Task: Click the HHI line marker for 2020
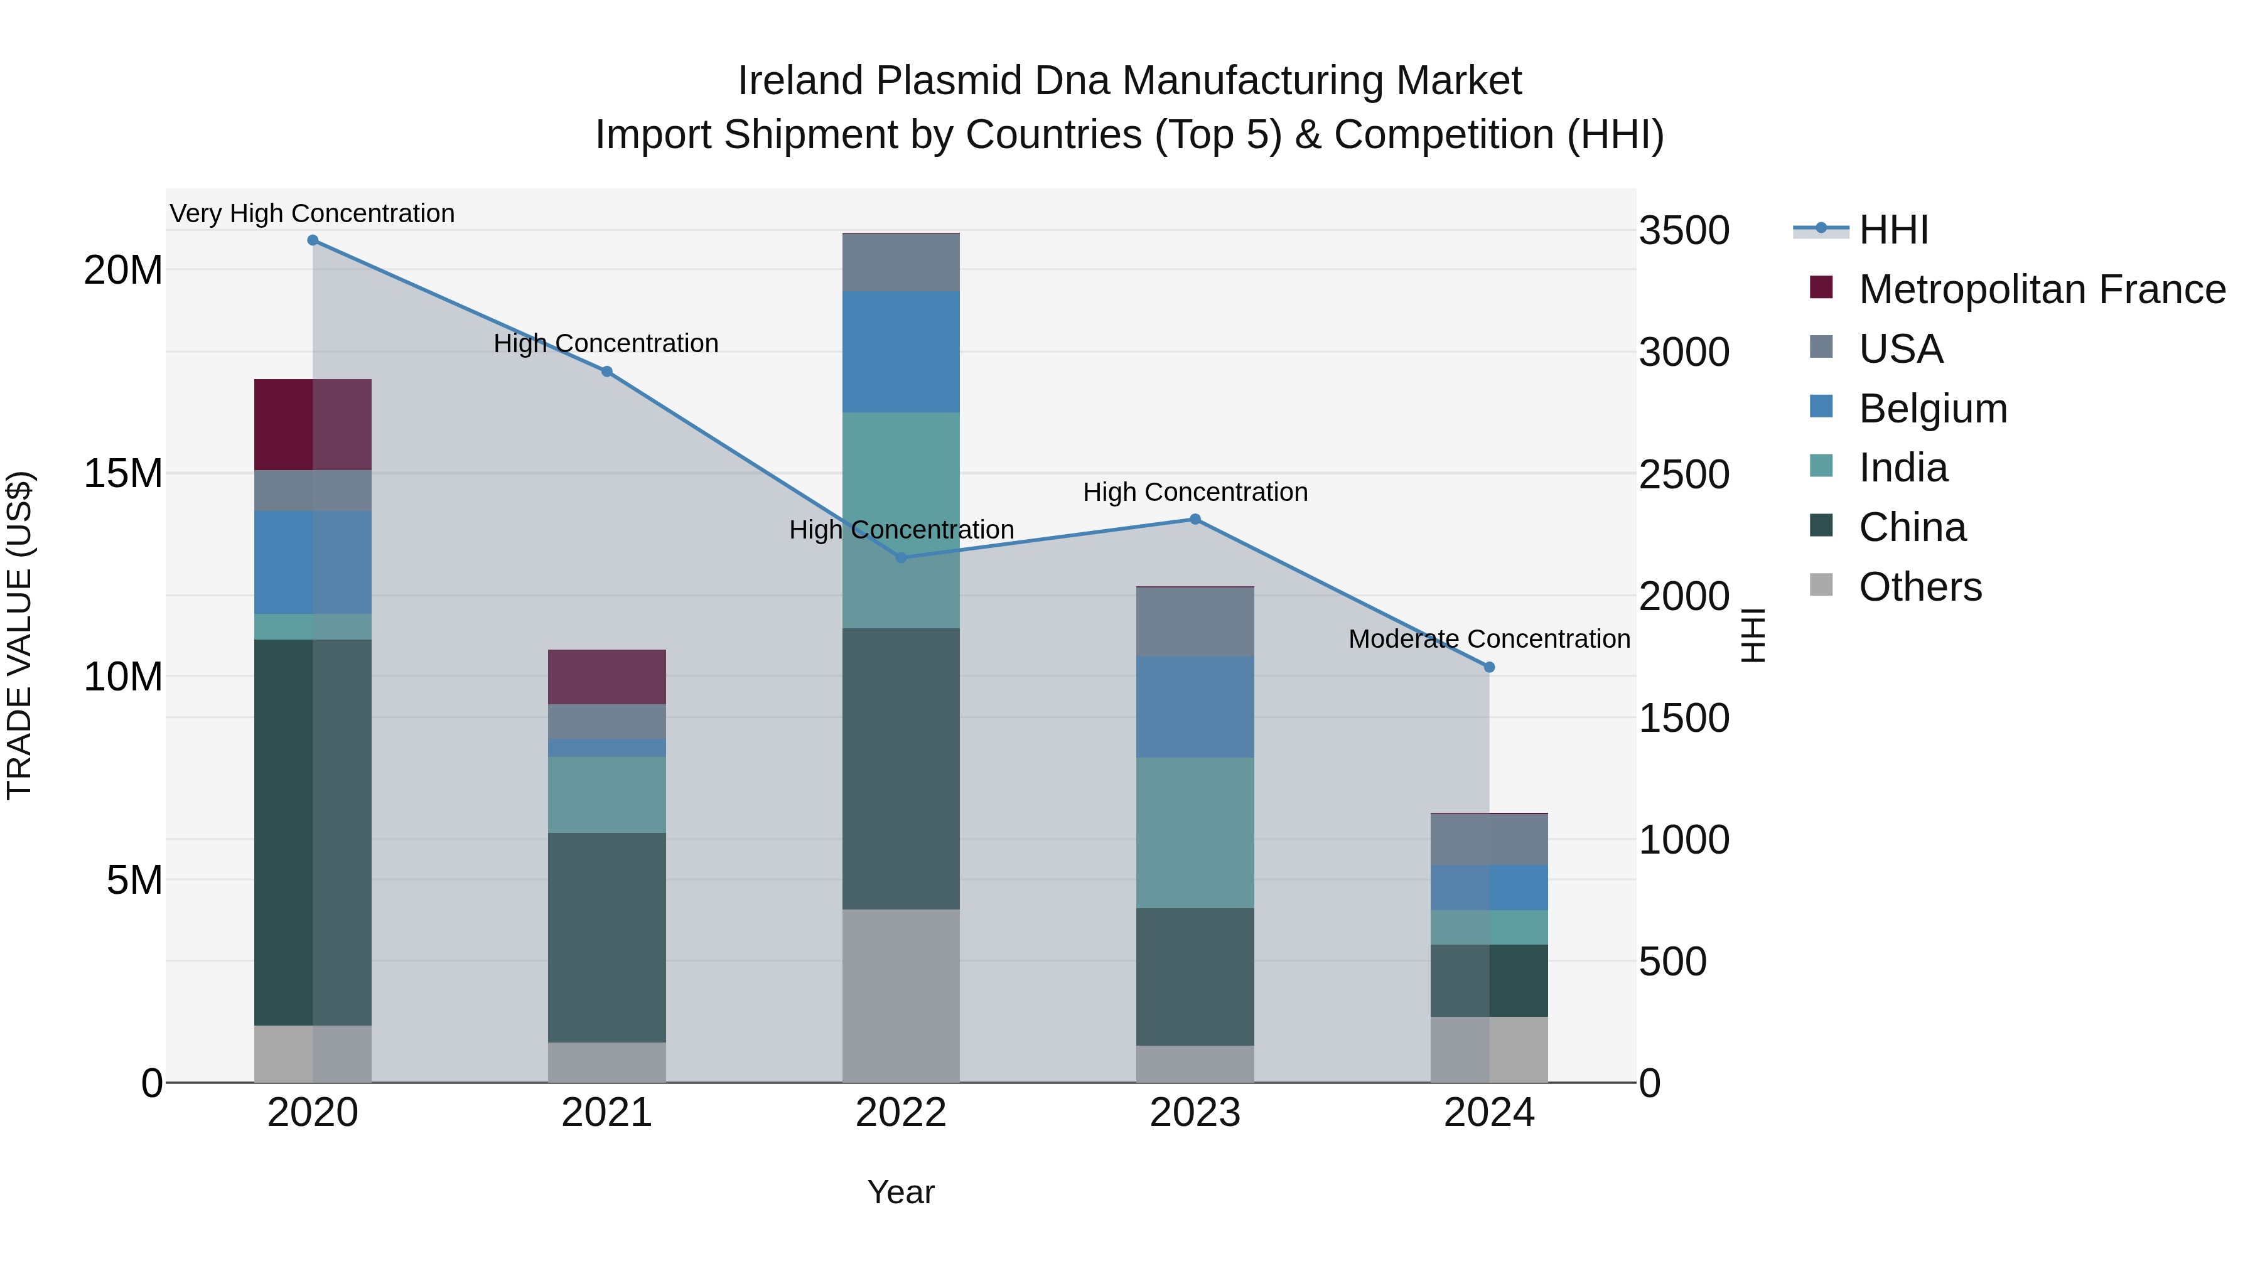tap(313, 240)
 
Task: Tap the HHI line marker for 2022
tap(900, 558)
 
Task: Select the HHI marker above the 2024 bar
tap(1489, 668)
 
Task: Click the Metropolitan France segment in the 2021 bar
tap(606, 677)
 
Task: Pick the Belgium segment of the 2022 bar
tap(900, 351)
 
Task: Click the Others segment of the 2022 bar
tap(900, 995)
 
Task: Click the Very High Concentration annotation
tap(313, 214)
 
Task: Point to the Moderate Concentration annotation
tap(1489, 640)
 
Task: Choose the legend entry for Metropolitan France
tap(2042, 289)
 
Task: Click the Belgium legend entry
tap(1933, 409)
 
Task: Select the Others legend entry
tap(1920, 587)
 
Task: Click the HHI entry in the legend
tap(1893, 230)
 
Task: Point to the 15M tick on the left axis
tap(123, 474)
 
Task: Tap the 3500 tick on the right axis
tap(1684, 231)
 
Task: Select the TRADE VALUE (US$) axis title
tap(19, 635)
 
